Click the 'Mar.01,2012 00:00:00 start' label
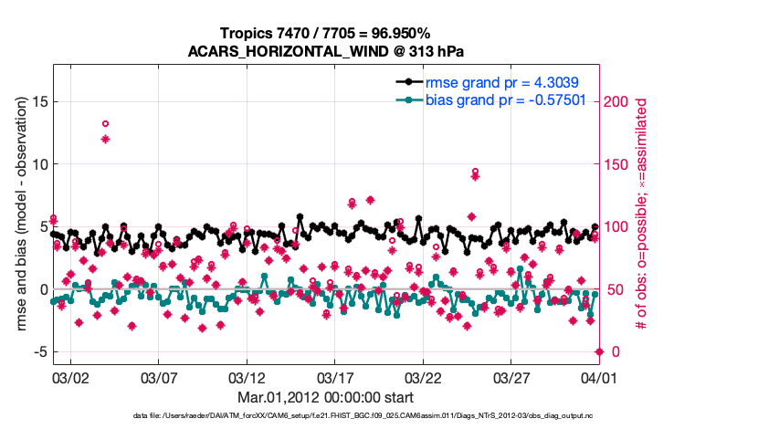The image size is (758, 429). click(x=325, y=398)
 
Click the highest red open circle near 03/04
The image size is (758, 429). click(x=106, y=123)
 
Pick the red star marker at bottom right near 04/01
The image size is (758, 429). click(x=599, y=351)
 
